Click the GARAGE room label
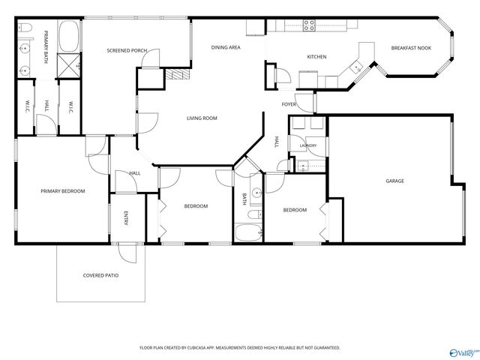pyautogui.click(x=394, y=181)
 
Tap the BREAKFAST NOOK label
pyautogui.click(x=411, y=48)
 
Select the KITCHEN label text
pyautogui.click(x=316, y=57)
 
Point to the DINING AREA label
pyautogui.click(x=226, y=47)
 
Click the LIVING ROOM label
pyautogui.click(x=202, y=118)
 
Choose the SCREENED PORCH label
pyautogui.click(x=127, y=50)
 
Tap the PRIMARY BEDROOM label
pyautogui.click(x=63, y=191)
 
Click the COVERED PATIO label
pyautogui.click(x=100, y=275)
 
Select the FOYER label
pyautogui.click(x=289, y=104)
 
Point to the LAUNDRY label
pyautogui.click(x=308, y=145)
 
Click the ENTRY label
pyautogui.click(x=125, y=218)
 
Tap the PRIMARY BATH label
pyautogui.click(x=46, y=46)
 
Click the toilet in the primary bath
pyautogui.click(x=25, y=28)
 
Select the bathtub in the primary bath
pyautogui.click(x=69, y=36)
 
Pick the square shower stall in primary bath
pyautogui.click(x=69, y=65)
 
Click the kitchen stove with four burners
pyautogui.click(x=309, y=25)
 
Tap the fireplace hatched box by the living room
pyautogui.click(x=178, y=73)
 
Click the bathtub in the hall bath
pyautogui.click(x=248, y=232)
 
